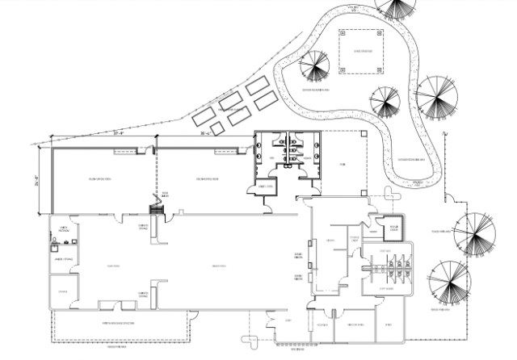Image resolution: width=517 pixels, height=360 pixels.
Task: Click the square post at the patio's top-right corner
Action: (365, 132)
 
